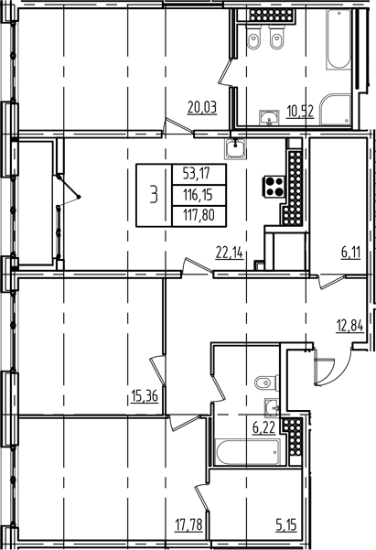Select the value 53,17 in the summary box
tap(195, 172)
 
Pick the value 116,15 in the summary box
tap(195, 194)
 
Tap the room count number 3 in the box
tap(154, 194)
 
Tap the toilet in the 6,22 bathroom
tap(263, 382)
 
